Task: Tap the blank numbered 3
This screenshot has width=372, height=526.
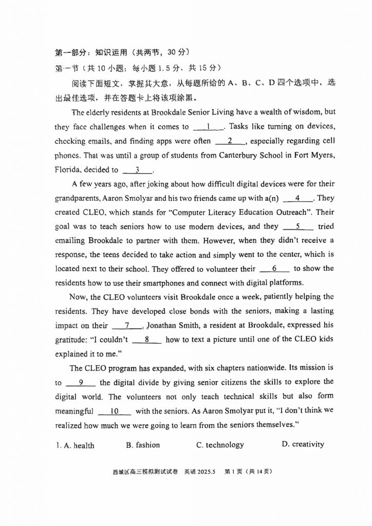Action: tap(137, 170)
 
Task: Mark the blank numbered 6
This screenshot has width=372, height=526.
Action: tap(275, 268)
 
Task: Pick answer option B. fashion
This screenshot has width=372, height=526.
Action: tap(143, 445)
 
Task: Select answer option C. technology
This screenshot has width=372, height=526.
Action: tap(220, 445)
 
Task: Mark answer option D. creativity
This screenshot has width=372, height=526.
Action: tap(303, 444)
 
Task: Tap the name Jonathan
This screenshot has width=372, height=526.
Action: tap(163, 325)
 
